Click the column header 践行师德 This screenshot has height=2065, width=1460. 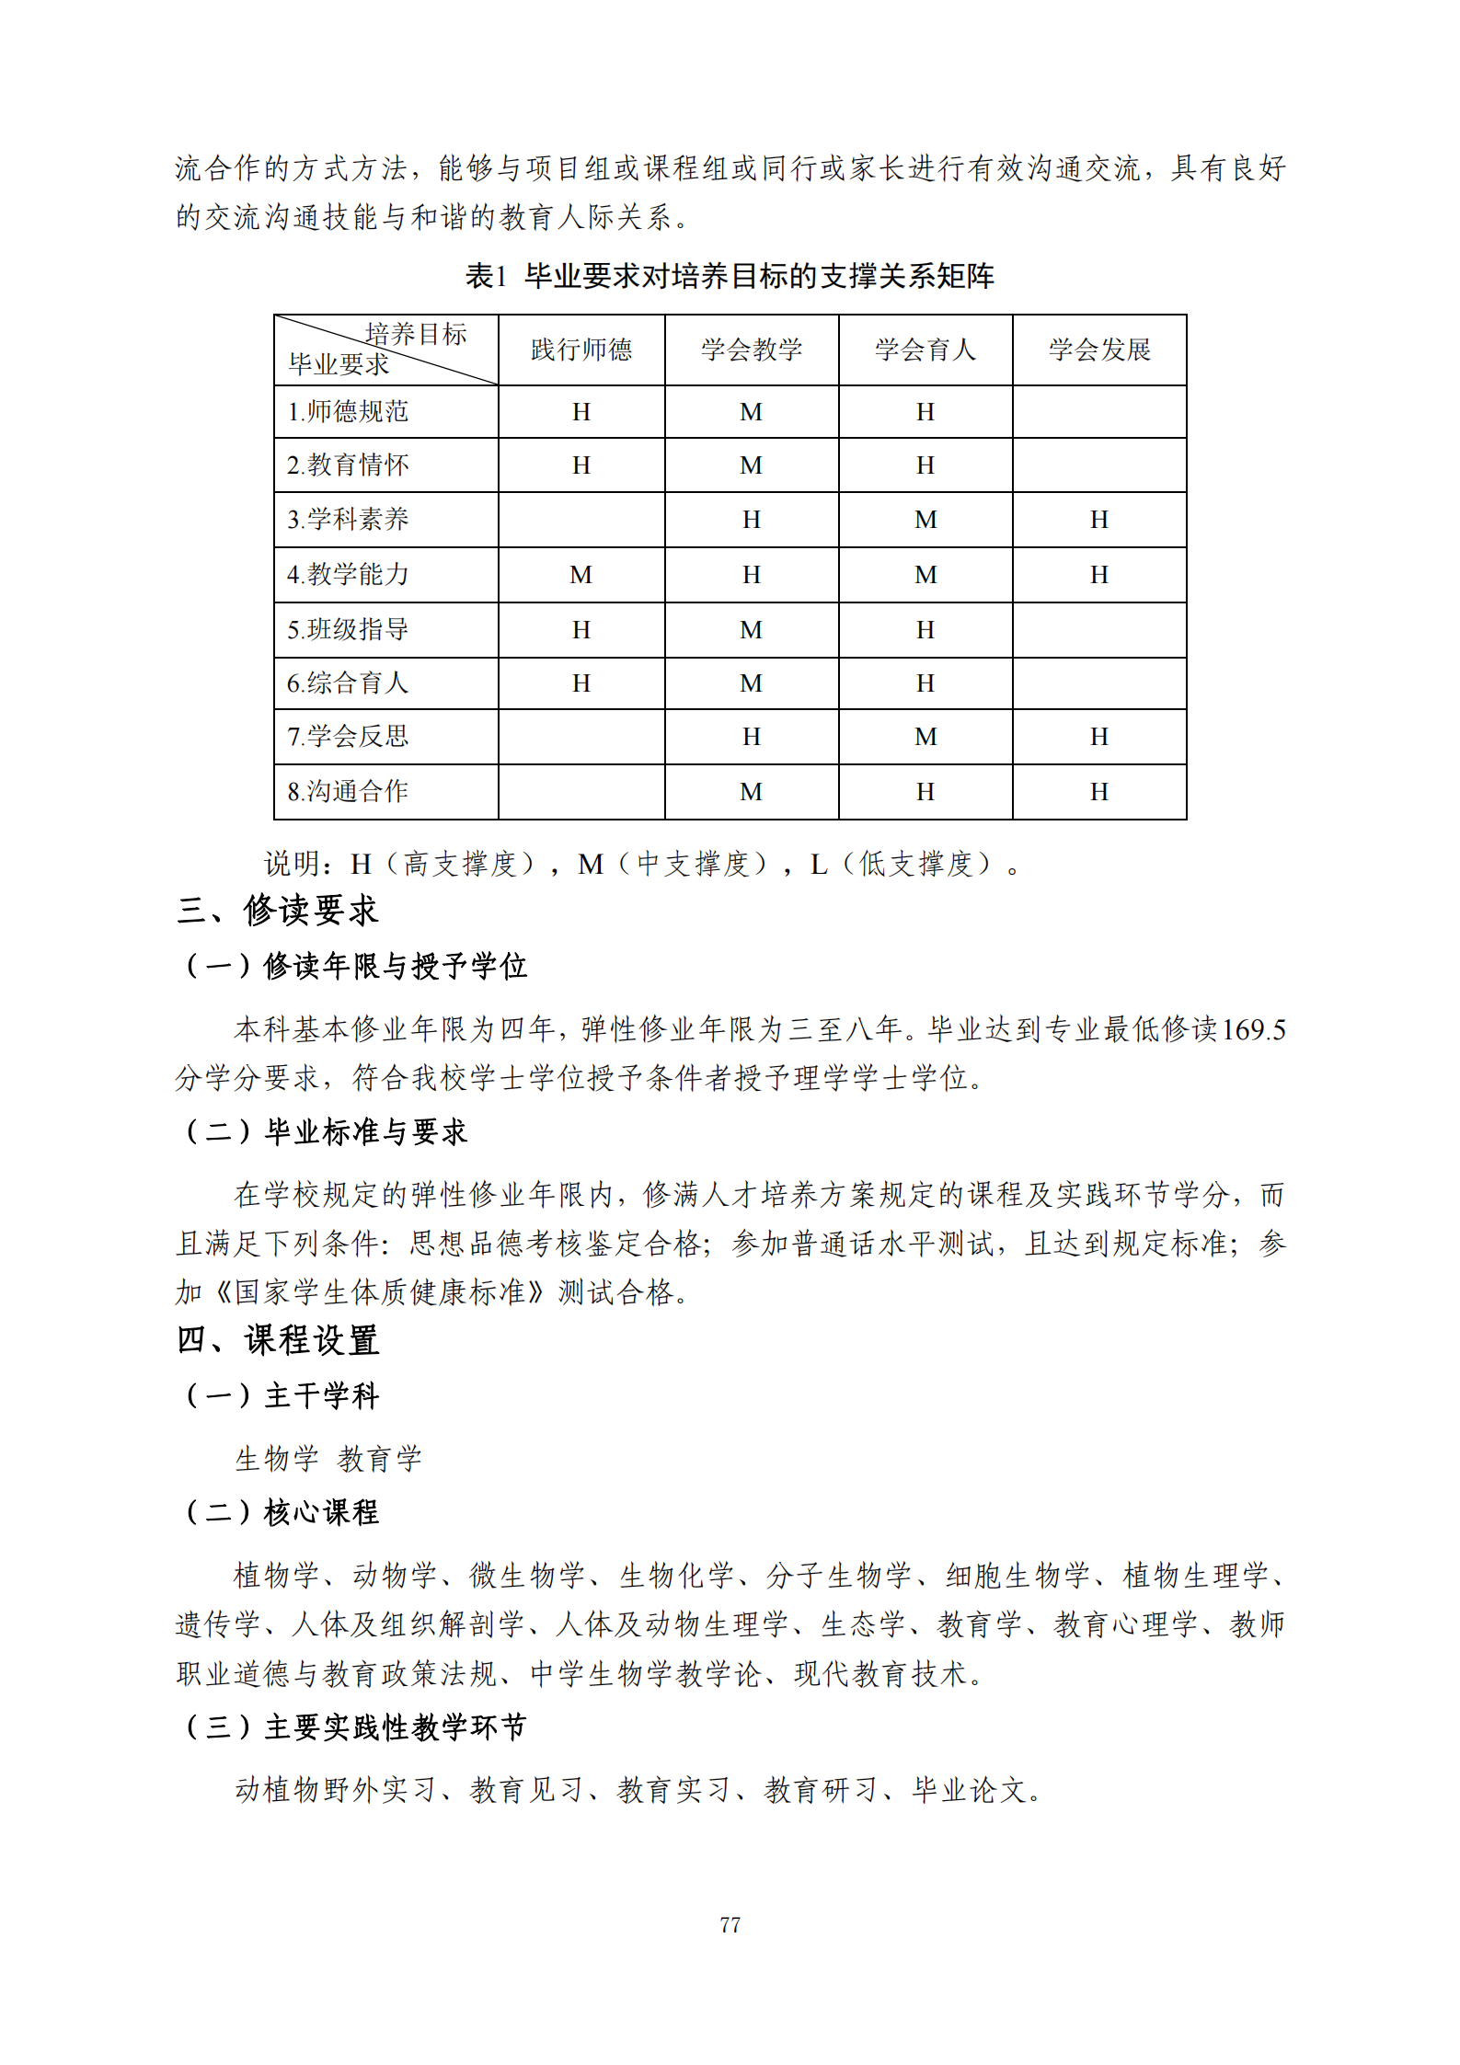(x=581, y=350)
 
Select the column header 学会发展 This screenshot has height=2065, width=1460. (x=1099, y=350)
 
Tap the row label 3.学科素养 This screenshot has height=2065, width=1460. (x=348, y=520)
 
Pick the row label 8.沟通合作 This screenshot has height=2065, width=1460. (x=348, y=791)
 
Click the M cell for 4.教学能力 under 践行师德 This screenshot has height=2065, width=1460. (x=581, y=575)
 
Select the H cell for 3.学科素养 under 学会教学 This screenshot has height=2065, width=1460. (x=752, y=520)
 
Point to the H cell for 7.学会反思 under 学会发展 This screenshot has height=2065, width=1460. (x=1099, y=737)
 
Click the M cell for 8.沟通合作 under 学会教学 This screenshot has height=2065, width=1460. (x=752, y=791)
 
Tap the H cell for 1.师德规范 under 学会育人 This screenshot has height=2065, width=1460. (x=925, y=412)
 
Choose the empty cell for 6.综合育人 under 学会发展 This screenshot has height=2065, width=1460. (x=1099, y=683)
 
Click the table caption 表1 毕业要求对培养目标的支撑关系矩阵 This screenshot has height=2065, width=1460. (x=730, y=276)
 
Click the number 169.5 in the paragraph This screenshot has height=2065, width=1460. (x=1252, y=1029)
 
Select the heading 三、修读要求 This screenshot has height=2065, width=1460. (x=278, y=911)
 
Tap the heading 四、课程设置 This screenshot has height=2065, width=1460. (x=278, y=1340)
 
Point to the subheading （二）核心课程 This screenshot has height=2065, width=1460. (x=282, y=1512)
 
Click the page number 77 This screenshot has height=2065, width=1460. (x=730, y=1924)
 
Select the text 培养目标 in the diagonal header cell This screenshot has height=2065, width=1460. (x=416, y=334)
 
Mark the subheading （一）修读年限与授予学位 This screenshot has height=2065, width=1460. (x=355, y=966)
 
